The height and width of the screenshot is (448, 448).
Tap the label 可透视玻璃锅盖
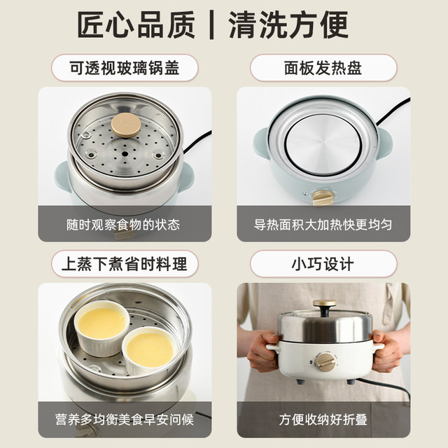[125, 68]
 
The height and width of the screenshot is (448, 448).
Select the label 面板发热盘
[323, 68]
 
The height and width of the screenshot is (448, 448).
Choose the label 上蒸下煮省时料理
[125, 264]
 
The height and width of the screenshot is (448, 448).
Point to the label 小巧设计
[323, 264]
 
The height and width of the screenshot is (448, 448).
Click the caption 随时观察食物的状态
[125, 225]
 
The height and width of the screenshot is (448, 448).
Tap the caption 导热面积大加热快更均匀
[323, 225]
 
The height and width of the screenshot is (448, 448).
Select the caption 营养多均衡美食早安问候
[125, 421]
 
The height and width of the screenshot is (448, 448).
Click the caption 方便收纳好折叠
[323, 421]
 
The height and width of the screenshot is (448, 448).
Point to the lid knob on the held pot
[323, 307]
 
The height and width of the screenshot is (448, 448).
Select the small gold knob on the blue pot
[322, 198]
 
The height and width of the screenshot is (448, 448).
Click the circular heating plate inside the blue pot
[323, 144]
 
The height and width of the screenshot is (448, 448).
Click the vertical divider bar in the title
[211, 26]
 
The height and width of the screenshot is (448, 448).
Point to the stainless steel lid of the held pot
[323, 326]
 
